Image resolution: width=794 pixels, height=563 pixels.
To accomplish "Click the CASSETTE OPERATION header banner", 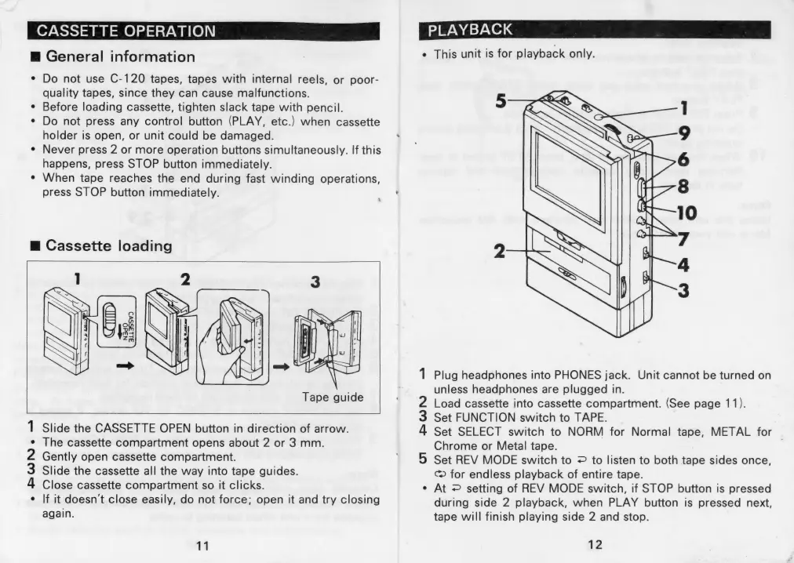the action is point(126,31).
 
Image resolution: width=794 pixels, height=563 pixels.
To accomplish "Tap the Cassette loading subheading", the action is point(108,245).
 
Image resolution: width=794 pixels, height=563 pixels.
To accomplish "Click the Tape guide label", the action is point(333,397).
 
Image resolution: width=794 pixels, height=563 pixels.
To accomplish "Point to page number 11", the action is point(202,547).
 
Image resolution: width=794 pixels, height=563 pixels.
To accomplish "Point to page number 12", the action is point(596,544).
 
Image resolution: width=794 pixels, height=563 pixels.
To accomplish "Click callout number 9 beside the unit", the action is point(683,132).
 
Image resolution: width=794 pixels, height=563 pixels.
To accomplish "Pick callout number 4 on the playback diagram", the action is point(683,263).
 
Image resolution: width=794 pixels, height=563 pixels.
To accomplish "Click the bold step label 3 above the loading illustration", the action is point(314,281).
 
